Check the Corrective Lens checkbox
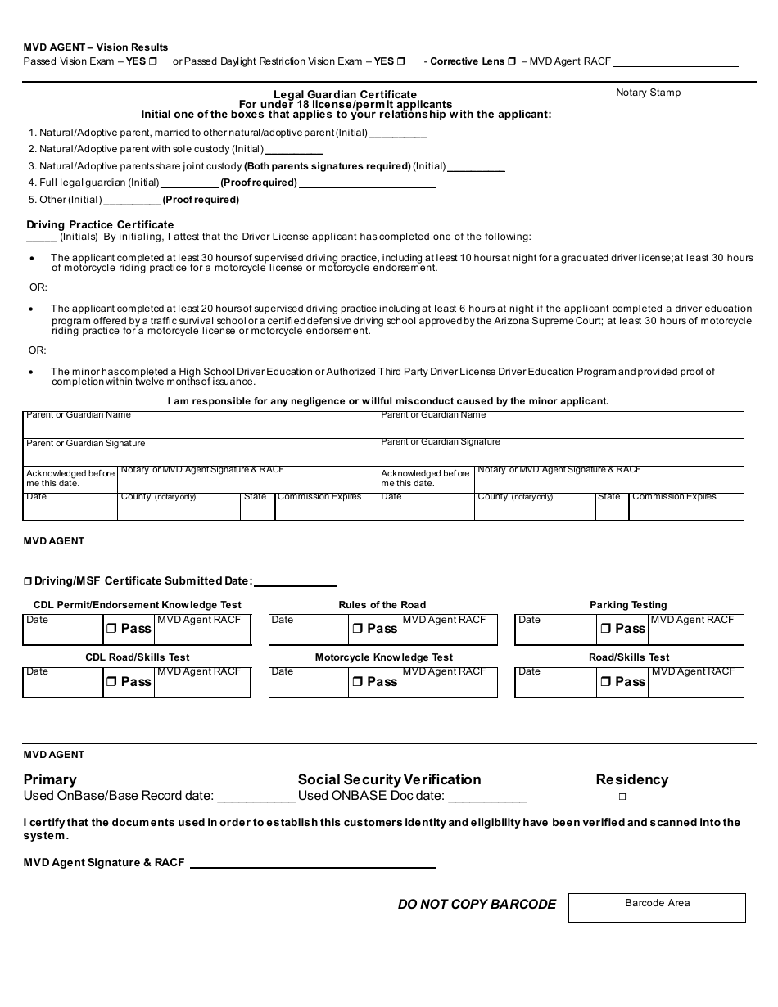pyautogui.click(x=512, y=61)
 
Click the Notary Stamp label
pyautogui.click(x=648, y=93)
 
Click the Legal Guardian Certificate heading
pyautogui.click(x=345, y=94)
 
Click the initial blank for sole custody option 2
pyautogui.click(x=294, y=150)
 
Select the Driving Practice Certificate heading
pyautogui.click(x=100, y=224)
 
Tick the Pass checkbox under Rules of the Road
pyautogui.click(x=358, y=629)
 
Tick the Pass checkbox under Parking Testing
pyautogui.click(x=605, y=629)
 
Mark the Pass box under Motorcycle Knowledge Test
pyautogui.click(x=358, y=682)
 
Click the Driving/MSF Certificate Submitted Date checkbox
pyautogui.click(x=28, y=581)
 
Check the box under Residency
pyautogui.click(x=622, y=796)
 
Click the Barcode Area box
pyautogui.click(x=657, y=907)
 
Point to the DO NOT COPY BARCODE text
pyautogui.click(x=477, y=905)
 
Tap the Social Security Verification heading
pyautogui.click(x=389, y=779)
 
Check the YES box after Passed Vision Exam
pyautogui.click(x=153, y=61)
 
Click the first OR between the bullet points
pyautogui.click(x=38, y=287)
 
